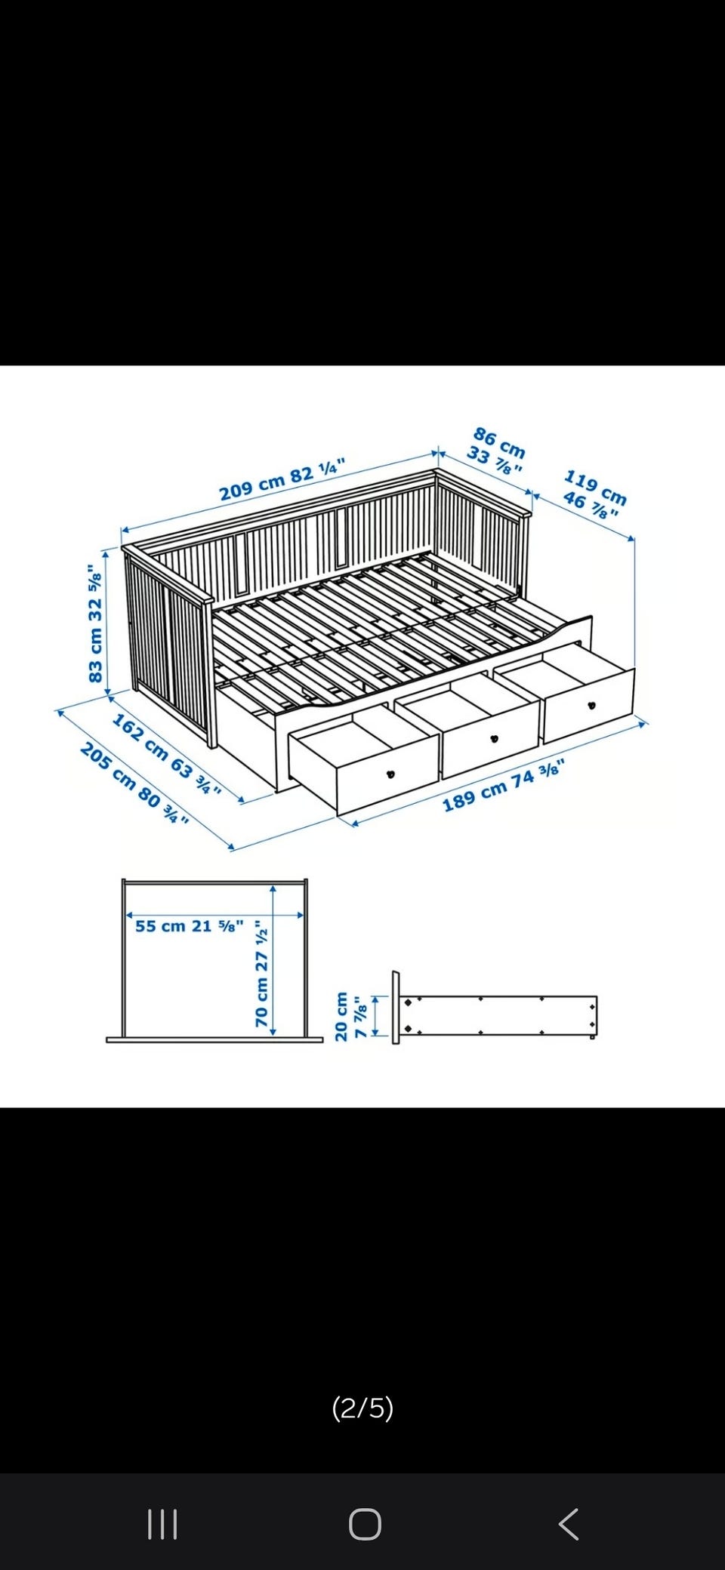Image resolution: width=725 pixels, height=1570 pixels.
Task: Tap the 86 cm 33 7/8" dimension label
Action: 496,451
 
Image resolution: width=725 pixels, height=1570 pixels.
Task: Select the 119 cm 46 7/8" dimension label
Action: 595,494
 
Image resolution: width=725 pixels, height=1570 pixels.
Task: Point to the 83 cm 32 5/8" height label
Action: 95,623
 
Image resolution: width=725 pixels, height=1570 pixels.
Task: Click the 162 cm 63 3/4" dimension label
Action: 167,754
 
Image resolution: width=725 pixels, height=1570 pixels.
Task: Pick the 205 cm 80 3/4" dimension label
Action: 134,783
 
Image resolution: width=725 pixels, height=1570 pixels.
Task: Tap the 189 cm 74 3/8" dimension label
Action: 503,787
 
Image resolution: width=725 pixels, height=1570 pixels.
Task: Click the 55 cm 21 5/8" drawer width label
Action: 190,925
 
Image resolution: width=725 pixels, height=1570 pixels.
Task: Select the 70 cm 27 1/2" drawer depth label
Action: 261,973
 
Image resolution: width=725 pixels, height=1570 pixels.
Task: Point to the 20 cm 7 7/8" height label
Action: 350,1016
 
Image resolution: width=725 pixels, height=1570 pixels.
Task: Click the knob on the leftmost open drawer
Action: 391,773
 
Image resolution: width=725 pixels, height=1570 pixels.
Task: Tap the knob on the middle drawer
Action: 495,738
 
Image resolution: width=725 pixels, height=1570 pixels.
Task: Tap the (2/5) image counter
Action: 362,1408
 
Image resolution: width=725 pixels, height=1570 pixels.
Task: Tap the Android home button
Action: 365,1524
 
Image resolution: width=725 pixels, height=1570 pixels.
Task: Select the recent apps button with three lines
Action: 162,1524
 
